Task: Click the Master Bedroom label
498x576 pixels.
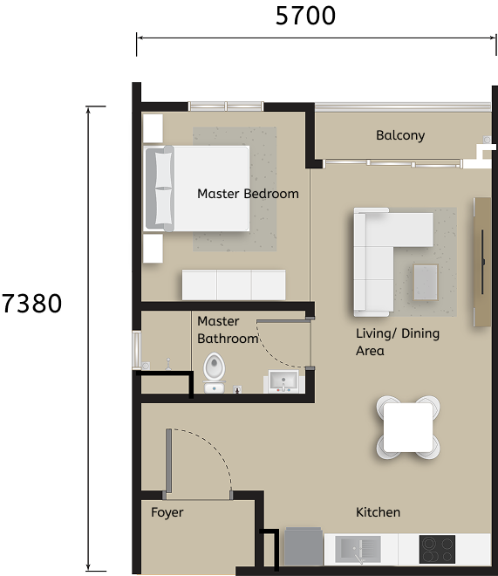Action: (248, 194)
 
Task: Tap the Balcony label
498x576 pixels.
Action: (400, 135)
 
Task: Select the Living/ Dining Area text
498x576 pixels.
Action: (398, 342)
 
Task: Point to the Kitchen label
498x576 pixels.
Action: (378, 512)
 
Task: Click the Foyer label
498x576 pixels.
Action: (167, 512)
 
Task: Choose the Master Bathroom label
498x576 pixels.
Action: (227, 330)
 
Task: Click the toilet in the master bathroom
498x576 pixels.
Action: (214, 371)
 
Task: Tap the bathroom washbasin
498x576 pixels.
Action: (283, 381)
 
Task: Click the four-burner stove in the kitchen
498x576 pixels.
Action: (437, 550)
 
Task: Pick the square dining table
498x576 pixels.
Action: (408, 428)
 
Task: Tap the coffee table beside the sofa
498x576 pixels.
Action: (426, 281)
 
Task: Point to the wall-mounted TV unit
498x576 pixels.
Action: (482, 262)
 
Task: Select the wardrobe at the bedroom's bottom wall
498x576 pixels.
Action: (233, 285)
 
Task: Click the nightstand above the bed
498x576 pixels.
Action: (152, 128)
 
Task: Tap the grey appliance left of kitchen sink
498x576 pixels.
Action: (304, 548)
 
